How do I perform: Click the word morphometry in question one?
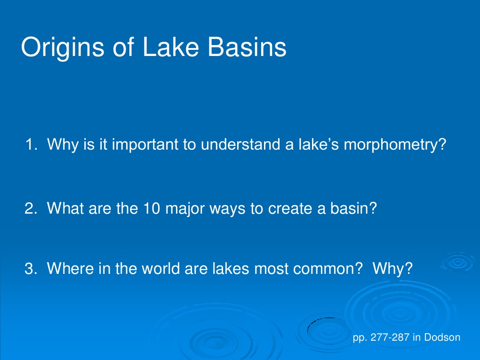pyautogui.click(x=393, y=145)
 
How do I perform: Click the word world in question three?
pyautogui.click(x=160, y=269)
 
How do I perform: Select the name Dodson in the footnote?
pyautogui.click(x=442, y=337)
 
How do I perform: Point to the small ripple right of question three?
pyautogui.click(x=457, y=263)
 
